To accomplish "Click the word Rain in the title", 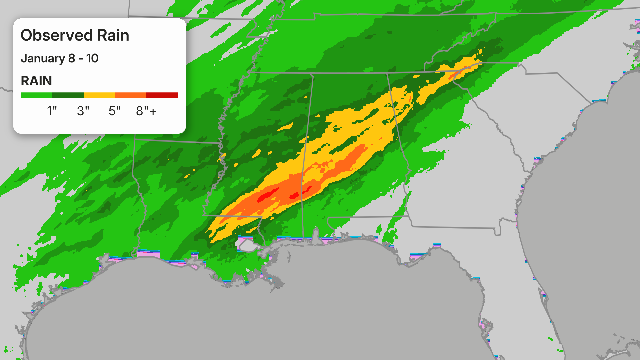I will [113, 35].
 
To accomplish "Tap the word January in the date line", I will [43, 58].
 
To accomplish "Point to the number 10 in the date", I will [92, 58].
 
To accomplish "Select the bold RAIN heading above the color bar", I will [36, 81].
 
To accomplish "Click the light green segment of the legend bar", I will [36, 95].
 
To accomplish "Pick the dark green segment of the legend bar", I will [68, 95].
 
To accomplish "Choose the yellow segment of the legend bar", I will [99, 95].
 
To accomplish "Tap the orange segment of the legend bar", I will [130, 95].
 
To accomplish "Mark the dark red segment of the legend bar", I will [162, 95].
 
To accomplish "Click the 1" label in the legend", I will [52, 111].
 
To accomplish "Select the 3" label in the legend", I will [83, 111].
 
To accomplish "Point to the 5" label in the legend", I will [114, 111].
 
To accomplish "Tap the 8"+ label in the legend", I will [146, 111].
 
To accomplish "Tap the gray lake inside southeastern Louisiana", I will [247, 246].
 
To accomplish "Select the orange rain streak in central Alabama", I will [353, 157].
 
